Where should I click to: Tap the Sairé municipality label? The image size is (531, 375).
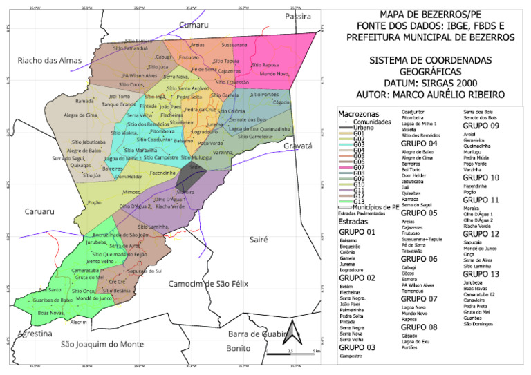point(258,239)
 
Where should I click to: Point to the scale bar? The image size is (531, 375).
point(294,352)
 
